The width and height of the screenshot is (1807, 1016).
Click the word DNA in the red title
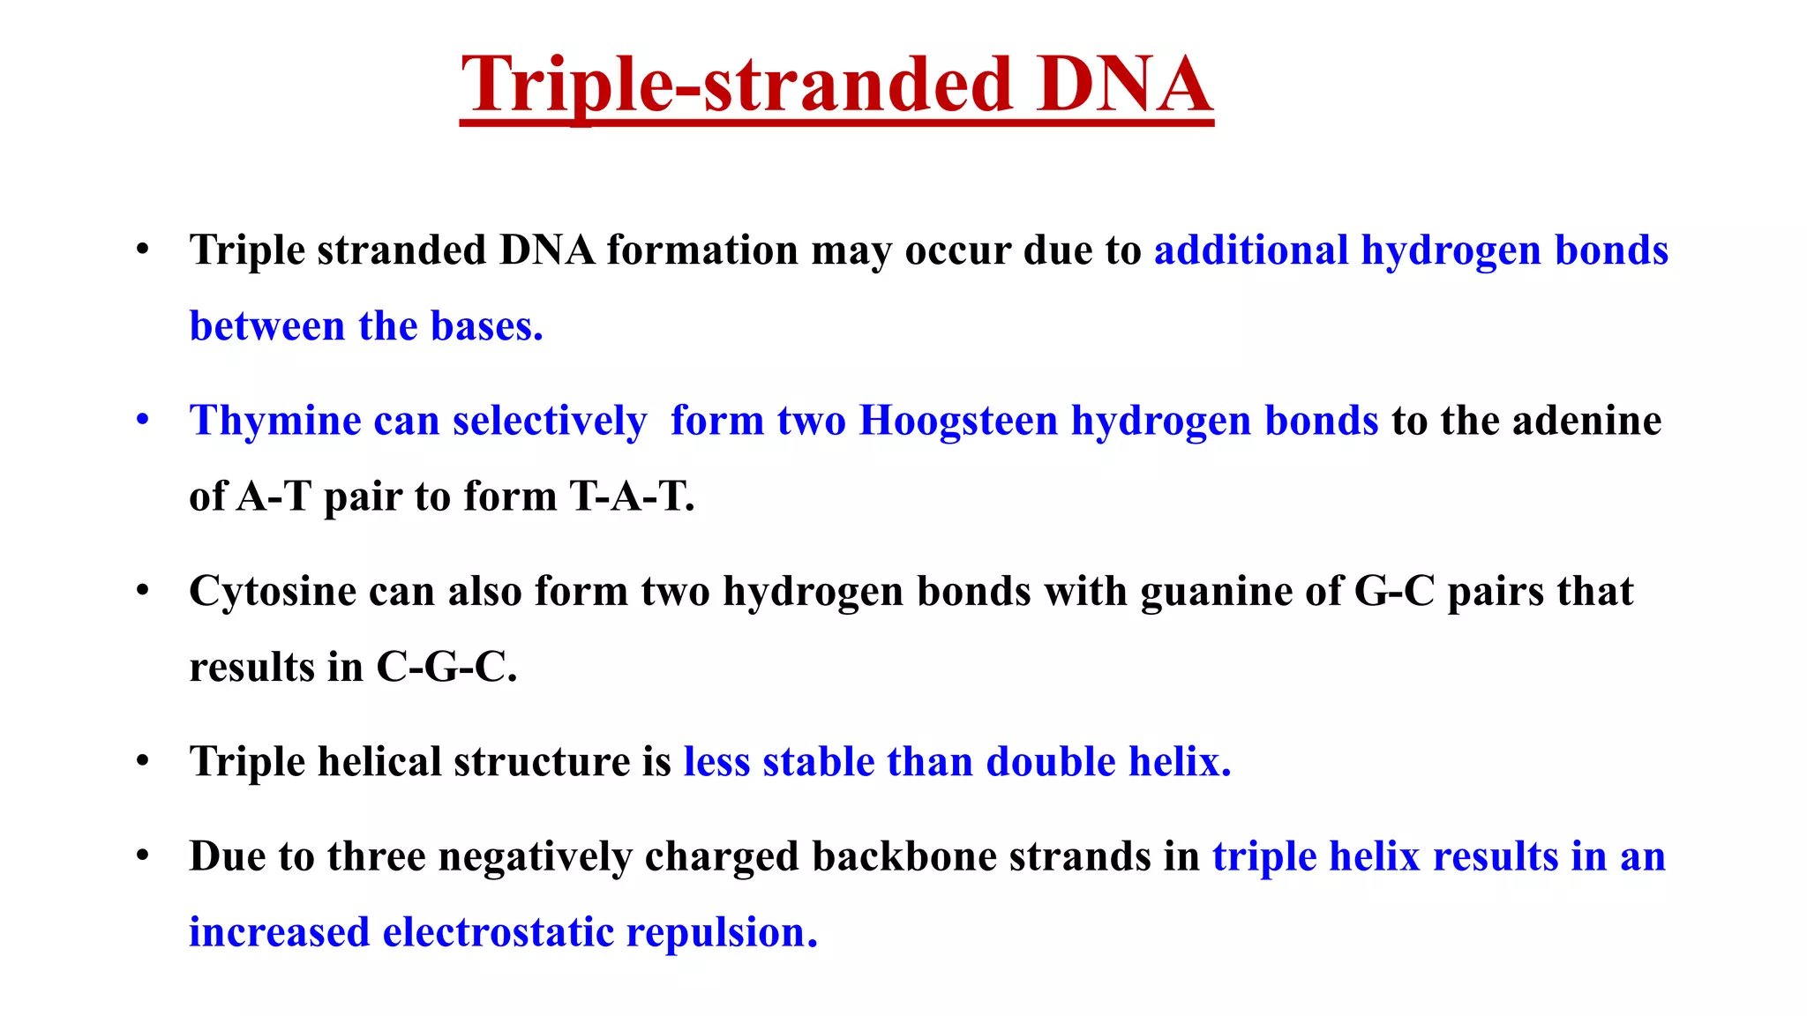point(1124,85)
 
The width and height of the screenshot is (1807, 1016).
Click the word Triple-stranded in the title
point(736,85)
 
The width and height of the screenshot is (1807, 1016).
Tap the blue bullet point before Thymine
point(143,420)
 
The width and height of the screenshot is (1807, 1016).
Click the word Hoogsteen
point(958,420)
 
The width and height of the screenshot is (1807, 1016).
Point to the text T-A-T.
point(632,497)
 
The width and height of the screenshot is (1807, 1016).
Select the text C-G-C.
point(446,668)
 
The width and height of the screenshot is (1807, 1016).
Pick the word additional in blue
point(1251,250)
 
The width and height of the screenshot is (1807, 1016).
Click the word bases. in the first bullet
point(486,326)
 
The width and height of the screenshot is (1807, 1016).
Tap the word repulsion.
point(721,933)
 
